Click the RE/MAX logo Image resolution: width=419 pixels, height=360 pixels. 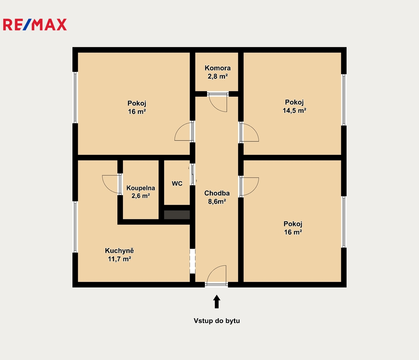35,25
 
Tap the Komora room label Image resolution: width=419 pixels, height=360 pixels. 218,68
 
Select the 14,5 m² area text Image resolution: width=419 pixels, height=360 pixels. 294,111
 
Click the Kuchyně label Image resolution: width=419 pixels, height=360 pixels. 119,251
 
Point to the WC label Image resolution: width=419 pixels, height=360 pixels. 177,184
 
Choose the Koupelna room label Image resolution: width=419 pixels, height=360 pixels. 141,188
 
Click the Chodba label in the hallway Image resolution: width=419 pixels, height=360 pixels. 217,193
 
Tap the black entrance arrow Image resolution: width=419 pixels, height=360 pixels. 217,302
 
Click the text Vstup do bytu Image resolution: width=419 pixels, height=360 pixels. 217,321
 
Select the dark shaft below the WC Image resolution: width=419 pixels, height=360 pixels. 177,215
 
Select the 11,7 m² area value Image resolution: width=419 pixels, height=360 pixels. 119,259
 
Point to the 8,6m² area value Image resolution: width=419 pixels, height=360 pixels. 217,202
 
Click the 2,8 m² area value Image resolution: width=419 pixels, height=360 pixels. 218,76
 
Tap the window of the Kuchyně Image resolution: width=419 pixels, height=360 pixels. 75,227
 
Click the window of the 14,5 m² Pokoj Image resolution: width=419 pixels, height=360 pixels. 344,100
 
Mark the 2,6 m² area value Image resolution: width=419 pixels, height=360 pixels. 141,196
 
